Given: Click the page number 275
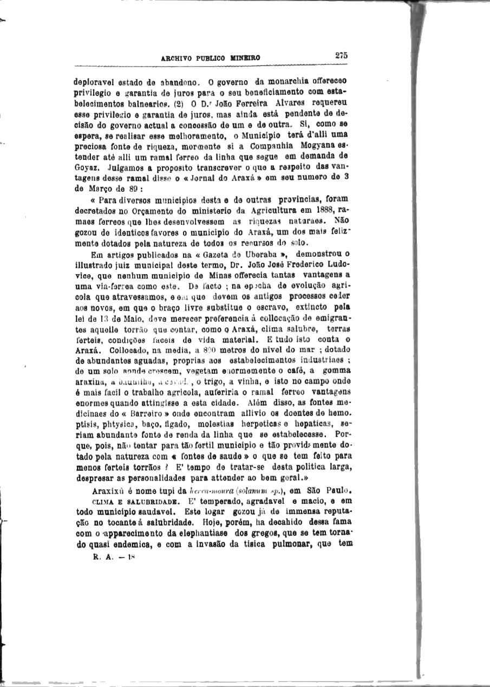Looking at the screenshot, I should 341,55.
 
